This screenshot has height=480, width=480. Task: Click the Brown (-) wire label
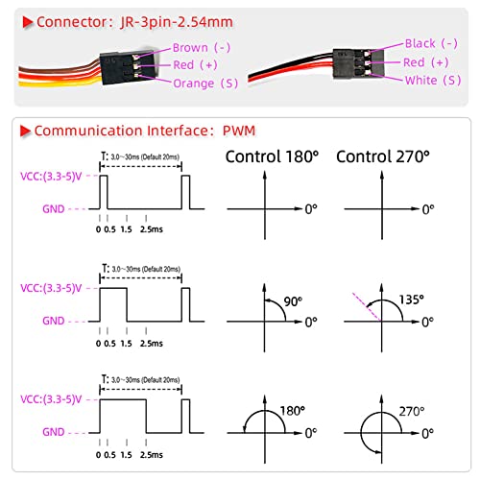202,48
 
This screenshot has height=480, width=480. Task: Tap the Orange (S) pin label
205,84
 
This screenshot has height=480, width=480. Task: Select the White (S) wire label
433,80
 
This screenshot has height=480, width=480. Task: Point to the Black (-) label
431,43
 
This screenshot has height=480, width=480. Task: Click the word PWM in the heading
239,131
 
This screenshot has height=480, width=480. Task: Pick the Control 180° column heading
272,156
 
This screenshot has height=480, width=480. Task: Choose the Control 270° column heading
383,156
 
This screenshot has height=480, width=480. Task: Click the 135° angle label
411,300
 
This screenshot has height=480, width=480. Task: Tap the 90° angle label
293,301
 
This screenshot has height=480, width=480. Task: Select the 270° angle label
412,411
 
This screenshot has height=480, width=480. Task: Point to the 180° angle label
293,411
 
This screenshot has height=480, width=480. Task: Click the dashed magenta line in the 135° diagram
367,307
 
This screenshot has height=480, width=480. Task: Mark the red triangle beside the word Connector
28,22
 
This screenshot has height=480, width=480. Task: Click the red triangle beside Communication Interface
25,132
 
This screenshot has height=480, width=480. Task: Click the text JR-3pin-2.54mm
177,22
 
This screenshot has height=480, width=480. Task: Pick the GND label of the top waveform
54,209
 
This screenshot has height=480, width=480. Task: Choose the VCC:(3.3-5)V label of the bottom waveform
51,399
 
